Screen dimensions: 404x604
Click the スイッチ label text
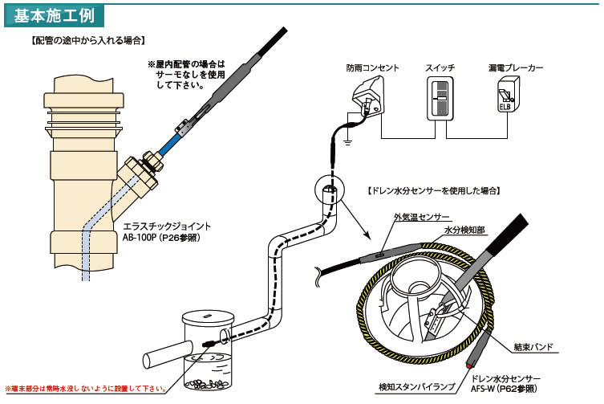point(440,69)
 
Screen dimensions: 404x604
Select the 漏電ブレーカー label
point(516,69)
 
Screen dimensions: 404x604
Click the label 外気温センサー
point(421,218)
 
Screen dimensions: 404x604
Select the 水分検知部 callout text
point(466,230)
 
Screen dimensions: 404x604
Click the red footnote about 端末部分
point(87,389)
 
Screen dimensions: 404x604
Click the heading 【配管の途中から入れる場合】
point(88,39)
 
